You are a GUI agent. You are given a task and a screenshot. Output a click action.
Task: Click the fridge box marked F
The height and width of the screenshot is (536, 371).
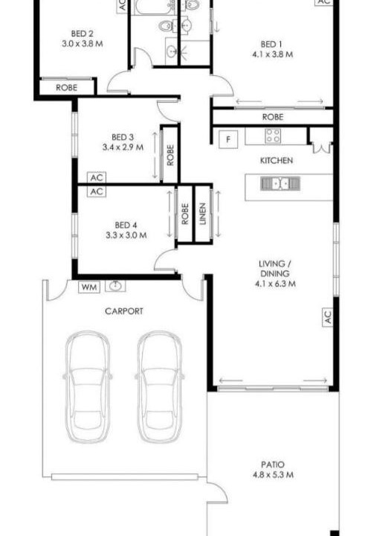[228, 139]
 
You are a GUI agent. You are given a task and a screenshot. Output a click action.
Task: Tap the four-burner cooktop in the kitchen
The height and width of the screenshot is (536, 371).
[274, 135]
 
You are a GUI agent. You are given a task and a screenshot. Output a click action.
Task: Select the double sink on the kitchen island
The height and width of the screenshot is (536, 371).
[280, 184]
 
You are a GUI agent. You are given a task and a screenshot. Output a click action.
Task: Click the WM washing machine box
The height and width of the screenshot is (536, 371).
[89, 287]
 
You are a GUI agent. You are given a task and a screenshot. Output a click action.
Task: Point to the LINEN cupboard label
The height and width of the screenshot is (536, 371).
[203, 214]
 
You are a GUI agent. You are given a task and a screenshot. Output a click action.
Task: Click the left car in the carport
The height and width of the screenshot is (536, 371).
[88, 386]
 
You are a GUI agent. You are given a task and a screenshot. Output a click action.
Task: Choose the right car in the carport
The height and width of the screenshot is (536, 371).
[160, 386]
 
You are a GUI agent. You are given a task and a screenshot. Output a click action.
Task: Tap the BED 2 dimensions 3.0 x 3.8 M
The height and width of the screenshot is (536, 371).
[83, 44]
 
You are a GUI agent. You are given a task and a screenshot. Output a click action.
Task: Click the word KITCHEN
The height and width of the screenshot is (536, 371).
[277, 160]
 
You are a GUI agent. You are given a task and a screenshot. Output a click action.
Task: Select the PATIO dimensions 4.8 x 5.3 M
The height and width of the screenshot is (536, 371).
[273, 474]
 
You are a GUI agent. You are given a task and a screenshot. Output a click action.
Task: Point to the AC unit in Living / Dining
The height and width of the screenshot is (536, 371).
[327, 317]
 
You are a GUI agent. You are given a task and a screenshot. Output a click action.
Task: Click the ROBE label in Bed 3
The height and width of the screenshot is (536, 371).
[170, 155]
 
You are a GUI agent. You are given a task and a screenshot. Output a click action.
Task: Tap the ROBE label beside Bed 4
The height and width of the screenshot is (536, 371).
[185, 214]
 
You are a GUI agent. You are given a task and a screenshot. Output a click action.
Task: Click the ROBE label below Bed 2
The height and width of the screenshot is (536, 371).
[67, 88]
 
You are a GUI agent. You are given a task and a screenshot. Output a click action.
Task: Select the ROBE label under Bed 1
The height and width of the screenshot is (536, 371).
[273, 117]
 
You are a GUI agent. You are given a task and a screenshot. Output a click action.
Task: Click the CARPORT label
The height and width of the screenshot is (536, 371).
[124, 311]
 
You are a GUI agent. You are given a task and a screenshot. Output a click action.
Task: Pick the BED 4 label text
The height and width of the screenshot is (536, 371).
[126, 225]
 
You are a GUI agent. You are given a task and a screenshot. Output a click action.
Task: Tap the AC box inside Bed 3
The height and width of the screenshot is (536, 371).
[97, 178]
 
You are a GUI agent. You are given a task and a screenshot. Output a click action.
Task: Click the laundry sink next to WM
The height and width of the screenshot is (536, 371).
[115, 285]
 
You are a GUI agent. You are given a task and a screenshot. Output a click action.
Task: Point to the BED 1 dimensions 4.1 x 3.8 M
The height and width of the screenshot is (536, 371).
[272, 54]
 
